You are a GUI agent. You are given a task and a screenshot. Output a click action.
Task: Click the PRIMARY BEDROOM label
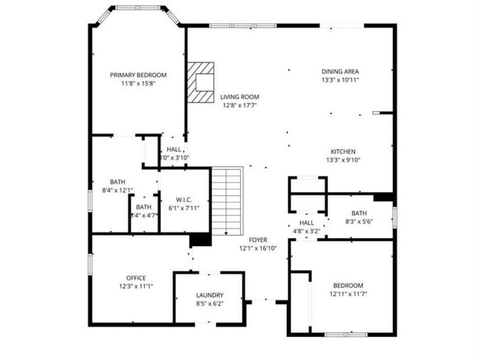point(138,75)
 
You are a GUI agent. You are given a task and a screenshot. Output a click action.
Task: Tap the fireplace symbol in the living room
point(201,82)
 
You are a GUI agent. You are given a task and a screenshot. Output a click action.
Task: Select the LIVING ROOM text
point(240,97)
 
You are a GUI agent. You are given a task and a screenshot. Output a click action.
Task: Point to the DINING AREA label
point(340,71)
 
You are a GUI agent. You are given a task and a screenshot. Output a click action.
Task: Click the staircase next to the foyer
point(227,200)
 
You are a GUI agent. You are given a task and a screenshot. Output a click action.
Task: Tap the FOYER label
point(258,240)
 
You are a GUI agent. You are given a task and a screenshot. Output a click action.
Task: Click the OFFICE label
point(136,278)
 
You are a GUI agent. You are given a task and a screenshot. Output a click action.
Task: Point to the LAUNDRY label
point(210,295)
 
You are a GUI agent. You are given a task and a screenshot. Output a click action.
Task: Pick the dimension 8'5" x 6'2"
point(210,303)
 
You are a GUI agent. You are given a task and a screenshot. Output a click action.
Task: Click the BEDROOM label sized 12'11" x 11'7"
point(348,285)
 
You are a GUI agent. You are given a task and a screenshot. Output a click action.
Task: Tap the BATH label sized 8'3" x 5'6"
point(359,213)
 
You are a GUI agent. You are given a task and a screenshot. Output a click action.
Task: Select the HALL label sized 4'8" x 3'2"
point(307,223)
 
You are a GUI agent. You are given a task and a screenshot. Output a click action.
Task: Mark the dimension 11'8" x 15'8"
point(138,83)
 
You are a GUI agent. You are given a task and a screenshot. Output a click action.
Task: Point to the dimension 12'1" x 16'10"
point(258,248)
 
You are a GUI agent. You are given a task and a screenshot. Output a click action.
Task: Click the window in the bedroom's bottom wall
point(346,334)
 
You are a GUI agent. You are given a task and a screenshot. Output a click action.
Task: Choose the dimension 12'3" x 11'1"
point(136,286)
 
